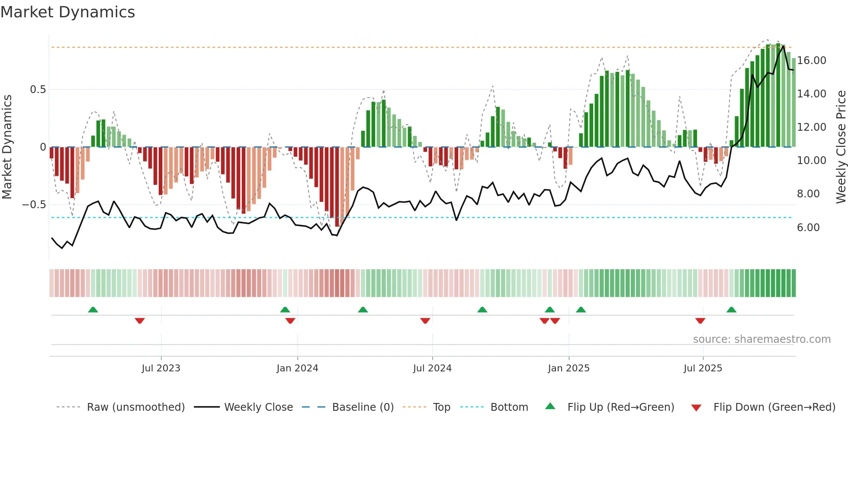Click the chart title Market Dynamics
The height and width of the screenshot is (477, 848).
pos(67,12)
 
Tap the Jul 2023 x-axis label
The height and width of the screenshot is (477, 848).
pos(161,368)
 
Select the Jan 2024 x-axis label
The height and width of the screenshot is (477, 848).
pos(297,368)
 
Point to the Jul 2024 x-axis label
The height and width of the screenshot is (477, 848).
pos(432,368)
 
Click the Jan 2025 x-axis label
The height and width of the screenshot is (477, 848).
pos(569,368)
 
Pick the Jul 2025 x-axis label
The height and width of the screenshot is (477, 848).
pos(703,368)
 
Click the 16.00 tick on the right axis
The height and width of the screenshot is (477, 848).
pos(812,61)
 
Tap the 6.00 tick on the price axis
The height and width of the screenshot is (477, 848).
pos(808,228)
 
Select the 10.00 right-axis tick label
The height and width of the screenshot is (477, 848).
pos(812,161)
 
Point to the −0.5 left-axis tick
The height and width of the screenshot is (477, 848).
pos(34,205)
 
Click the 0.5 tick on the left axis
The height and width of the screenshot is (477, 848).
pos(38,90)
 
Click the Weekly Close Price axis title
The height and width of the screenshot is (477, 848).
pos(841,147)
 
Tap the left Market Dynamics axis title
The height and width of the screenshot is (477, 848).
pos(7,147)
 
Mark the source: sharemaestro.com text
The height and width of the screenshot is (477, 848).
pos(761,339)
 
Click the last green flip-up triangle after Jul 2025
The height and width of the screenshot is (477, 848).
pos(731,310)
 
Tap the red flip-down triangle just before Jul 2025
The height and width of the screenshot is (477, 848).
pos(700,321)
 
